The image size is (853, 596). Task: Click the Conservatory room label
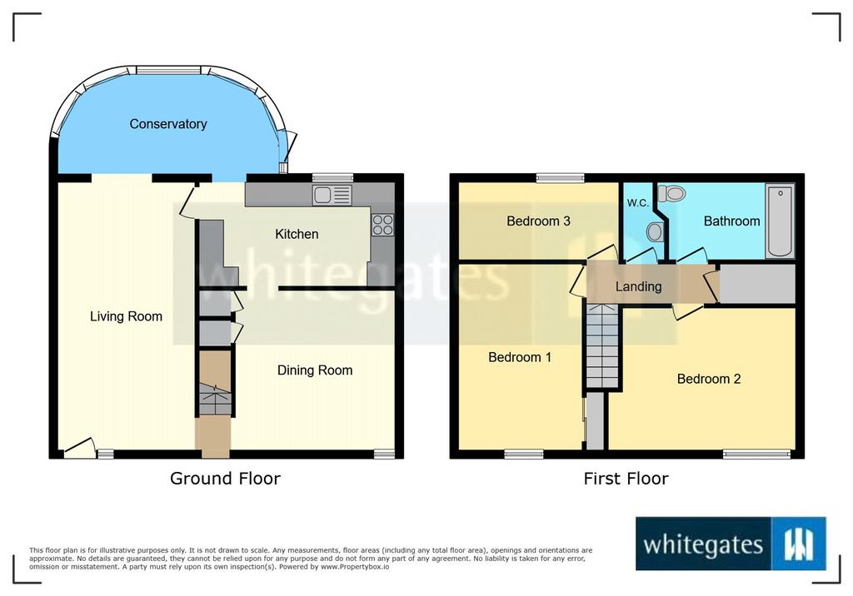tap(168, 124)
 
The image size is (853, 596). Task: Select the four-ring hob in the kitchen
tap(382, 225)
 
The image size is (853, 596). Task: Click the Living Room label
tap(127, 316)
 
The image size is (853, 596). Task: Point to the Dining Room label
tap(315, 370)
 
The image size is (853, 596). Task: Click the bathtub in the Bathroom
tap(780, 221)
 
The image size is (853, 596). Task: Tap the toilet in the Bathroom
tap(671, 193)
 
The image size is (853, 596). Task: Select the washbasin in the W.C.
tap(655, 232)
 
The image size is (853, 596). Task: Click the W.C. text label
tap(637, 203)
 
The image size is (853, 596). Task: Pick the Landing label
tap(639, 286)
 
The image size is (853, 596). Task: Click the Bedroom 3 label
tap(539, 221)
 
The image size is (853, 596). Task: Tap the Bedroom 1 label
tap(520, 357)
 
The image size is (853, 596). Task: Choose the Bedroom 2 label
tap(709, 379)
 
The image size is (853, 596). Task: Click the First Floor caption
tap(626, 479)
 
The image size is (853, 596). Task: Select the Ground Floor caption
tap(225, 479)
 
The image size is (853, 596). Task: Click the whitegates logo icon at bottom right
tap(799, 544)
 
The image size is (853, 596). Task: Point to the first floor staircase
tap(603, 345)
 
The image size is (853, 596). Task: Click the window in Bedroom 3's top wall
tap(561, 177)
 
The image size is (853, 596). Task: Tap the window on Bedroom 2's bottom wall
tap(756, 454)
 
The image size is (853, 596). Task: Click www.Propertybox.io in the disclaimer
tap(355, 567)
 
